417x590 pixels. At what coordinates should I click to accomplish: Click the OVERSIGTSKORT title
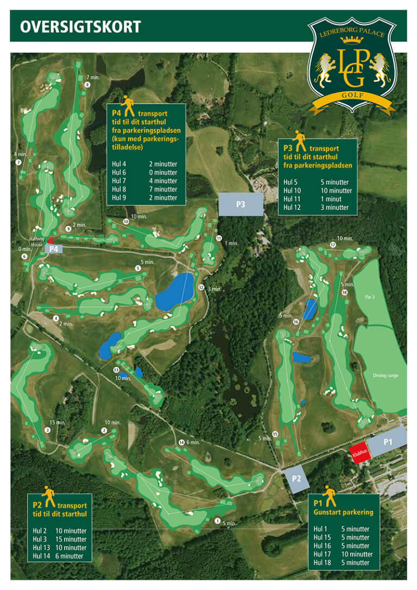80,27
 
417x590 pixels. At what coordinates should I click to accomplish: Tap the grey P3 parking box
241,205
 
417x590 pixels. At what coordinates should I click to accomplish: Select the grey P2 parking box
296,479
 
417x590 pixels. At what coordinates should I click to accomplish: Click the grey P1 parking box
387,441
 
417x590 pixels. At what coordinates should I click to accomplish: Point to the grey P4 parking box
54,249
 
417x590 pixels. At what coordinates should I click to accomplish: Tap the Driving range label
386,376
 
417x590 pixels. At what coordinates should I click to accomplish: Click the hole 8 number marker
87,85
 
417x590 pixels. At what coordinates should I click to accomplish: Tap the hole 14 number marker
181,442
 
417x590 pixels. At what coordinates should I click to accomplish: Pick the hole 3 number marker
48,430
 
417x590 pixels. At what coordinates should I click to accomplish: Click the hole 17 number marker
333,245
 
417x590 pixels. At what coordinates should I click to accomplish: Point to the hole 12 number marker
201,288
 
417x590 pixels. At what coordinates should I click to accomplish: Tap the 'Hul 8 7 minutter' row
144,189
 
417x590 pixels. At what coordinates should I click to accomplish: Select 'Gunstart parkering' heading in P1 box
343,512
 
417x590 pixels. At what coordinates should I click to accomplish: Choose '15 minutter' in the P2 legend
71,540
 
